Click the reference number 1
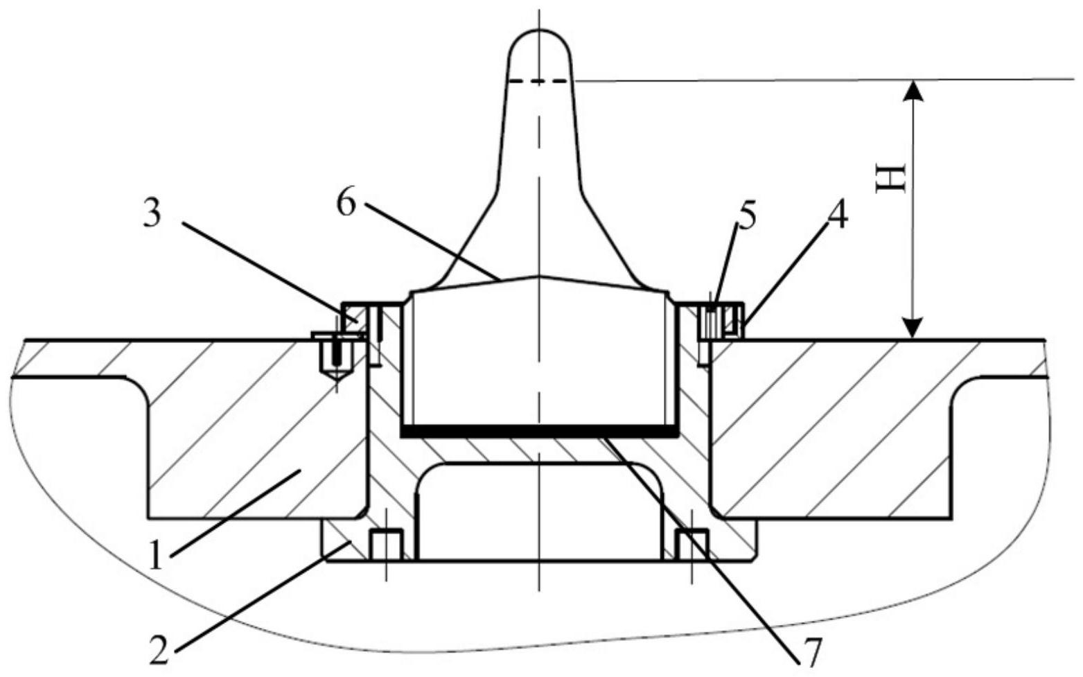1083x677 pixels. click(x=156, y=556)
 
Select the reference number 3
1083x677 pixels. click(x=152, y=213)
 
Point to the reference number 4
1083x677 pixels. click(x=838, y=215)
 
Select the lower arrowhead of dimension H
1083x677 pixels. click(x=913, y=328)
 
